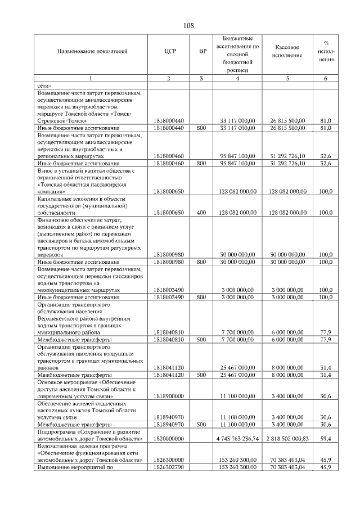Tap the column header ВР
[202, 51]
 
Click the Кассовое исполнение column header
[287, 51]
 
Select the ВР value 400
[201, 213]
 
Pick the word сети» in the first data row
[45, 84]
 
